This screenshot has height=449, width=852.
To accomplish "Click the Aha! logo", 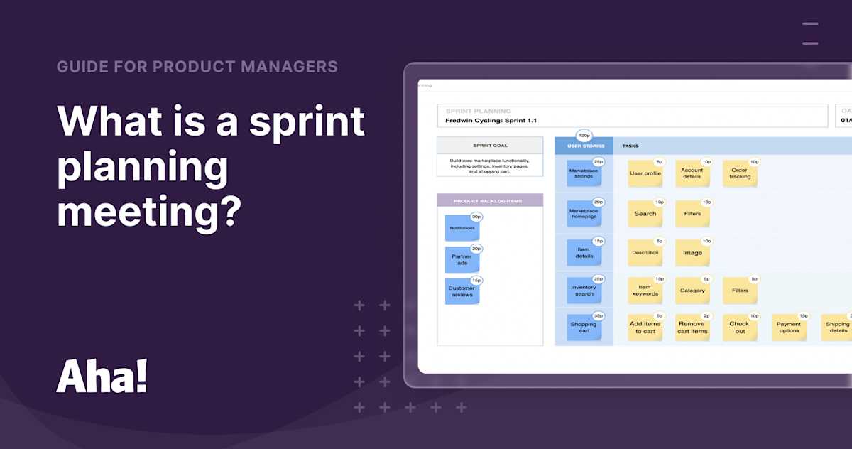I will point(102,376).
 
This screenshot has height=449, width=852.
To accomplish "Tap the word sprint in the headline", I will point(307,121).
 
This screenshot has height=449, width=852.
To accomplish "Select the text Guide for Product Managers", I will point(197,67).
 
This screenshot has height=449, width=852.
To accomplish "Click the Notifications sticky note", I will point(462,228).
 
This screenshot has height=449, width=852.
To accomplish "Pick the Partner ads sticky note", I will point(462,260).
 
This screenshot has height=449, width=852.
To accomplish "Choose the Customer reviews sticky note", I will point(462,291).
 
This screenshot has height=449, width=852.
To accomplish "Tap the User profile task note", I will point(645,173).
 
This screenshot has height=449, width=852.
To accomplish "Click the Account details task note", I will point(692,173).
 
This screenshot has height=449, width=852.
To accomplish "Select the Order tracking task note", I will point(740,173).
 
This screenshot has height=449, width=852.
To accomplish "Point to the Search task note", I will point(645,214).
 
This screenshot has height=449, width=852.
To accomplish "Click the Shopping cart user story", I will point(584,328).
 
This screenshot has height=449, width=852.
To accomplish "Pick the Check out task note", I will point(740,328).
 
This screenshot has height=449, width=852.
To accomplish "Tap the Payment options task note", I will point(789,328).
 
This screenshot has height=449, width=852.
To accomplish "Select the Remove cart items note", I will point(692,328).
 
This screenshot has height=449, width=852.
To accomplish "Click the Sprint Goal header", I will point(490,146).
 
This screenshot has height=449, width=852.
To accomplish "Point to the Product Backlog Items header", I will point(490,201).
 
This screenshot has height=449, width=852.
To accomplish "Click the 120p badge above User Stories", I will point(584,135).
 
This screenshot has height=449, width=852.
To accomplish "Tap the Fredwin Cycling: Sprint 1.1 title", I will point(491,121).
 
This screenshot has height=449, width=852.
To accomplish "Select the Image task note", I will point(692,253).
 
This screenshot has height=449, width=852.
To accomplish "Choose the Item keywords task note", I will point(645,291).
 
